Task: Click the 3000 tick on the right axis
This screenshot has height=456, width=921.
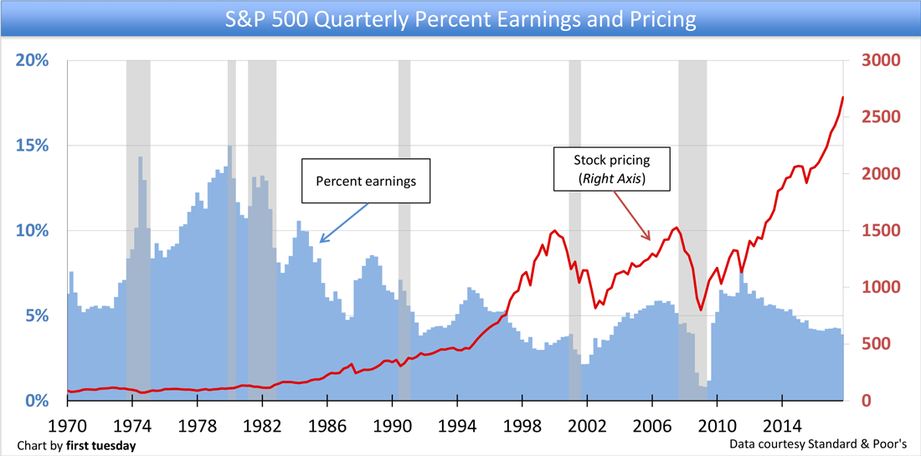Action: pyautogui.click(x=879, y=61)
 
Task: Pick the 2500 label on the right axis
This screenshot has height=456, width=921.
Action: pyautogui.click(x=879, y=117)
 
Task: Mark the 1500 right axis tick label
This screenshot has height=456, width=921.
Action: pyautogui.click(x=879, y=231)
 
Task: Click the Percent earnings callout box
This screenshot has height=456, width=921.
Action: pyautogui.click(x=365, y=181)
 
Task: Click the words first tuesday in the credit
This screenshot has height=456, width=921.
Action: pyautogui.click(x=104, y=445)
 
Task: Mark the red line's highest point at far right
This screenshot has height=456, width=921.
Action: pyautogui.click(x=842, y=98)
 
